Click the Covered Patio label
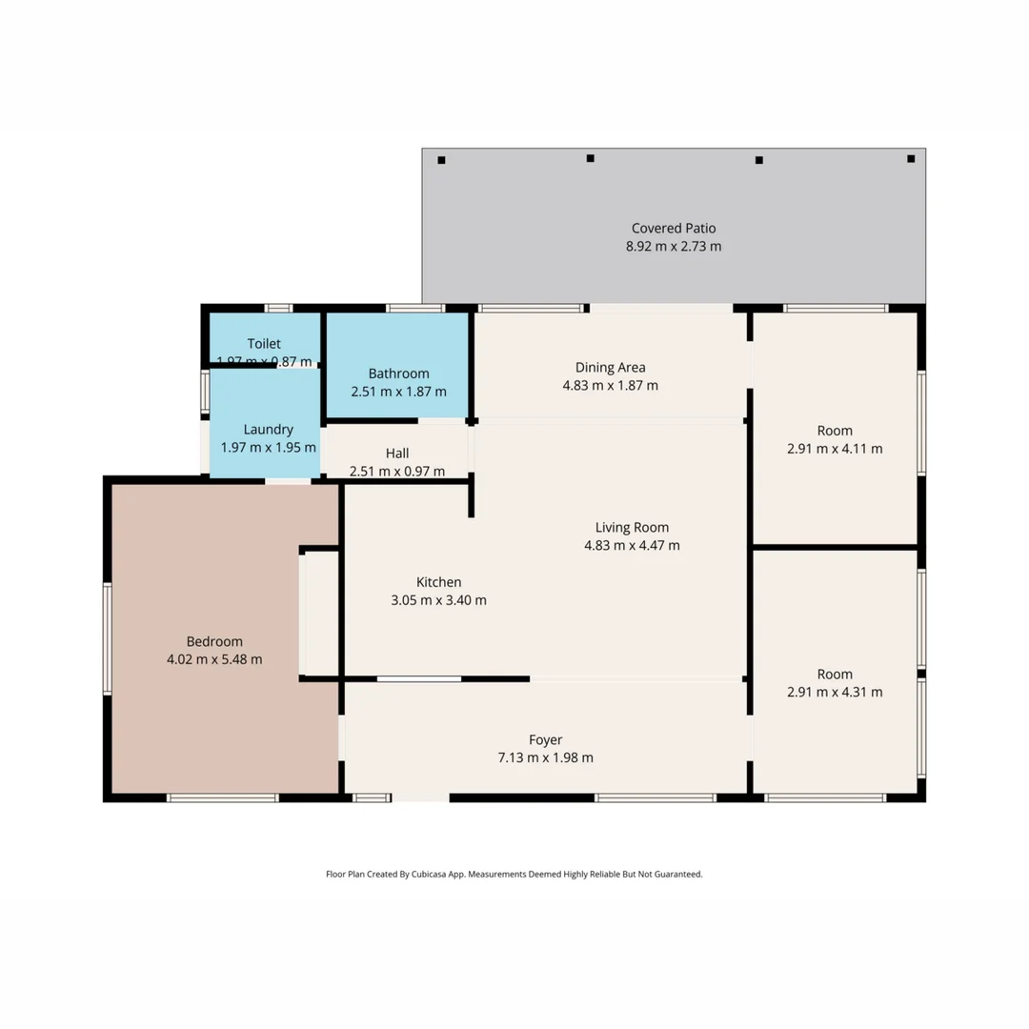(673, 229)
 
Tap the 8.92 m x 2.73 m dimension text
(673, 247)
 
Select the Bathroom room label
(398, 373)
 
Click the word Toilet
(264, 344)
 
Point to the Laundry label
(268, 430)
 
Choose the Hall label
(397, 454)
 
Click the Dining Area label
(610, 368)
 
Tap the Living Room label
(632, 527)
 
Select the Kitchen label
(438, 582)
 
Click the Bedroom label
(214, 641)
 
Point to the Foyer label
(546, 739)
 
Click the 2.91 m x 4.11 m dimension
(835, 449)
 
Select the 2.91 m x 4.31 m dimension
(835, 693)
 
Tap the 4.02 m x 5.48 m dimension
(214, 659)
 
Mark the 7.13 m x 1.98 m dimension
(546, 758)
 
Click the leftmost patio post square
(441, 160)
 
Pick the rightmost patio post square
(911, 158)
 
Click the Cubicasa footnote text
(514, 874)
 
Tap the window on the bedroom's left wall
(108, 638)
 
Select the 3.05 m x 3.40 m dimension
(438, 600)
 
